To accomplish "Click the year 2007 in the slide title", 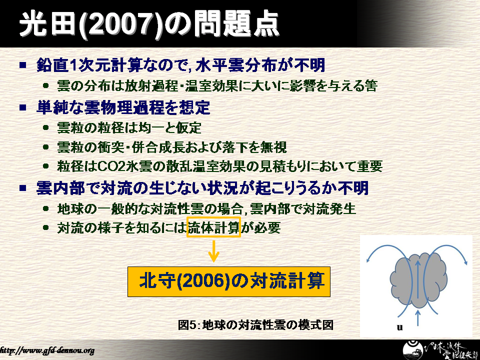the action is coord(120,24).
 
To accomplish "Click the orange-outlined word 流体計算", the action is coord(213,227).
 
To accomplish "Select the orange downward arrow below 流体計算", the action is coord(213,251).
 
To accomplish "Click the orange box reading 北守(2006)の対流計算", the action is coord(228,281).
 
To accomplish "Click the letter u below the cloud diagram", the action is coord(399,327).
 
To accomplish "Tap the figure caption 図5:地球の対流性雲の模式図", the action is coord(255,324).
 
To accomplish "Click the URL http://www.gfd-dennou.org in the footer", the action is coord(46,350).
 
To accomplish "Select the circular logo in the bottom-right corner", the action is coord(413,351).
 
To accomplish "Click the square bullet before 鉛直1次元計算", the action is coord(23,65).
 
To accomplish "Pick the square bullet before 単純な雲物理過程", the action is coord(23,107).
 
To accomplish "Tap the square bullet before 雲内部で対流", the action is coord(23,188).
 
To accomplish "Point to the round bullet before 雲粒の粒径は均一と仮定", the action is coord(46,127).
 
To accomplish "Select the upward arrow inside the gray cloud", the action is coord(417,279).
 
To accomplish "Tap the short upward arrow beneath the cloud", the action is coord(418,318).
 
